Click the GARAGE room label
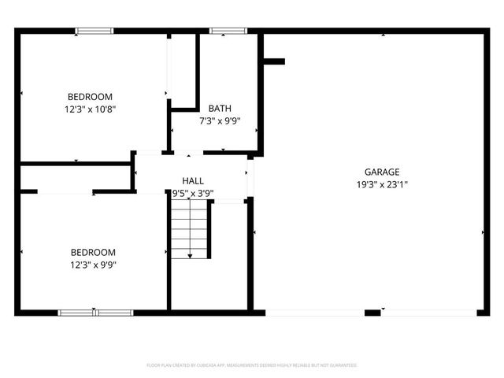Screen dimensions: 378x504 pos(382,172)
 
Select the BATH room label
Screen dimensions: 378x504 pos(219,108)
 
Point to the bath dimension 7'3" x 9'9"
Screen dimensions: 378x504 pos(219,120)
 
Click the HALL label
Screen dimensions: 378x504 pos(193,180)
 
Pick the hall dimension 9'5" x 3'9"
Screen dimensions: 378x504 pos(193,193)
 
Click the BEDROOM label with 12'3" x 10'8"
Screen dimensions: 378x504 pos(91,97)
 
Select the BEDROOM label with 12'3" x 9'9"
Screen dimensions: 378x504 pos(94,252)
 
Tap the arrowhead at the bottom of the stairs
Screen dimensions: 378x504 pos(190,255)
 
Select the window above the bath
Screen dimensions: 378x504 pos(228,31)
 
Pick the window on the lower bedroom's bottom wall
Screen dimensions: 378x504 pos(95,313)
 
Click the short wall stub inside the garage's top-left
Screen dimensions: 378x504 pos(273,61)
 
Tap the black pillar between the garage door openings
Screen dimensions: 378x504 pos(373,313)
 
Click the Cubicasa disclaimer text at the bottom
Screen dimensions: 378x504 pos(252,365)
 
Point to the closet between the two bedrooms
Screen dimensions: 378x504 pos(74,177)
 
